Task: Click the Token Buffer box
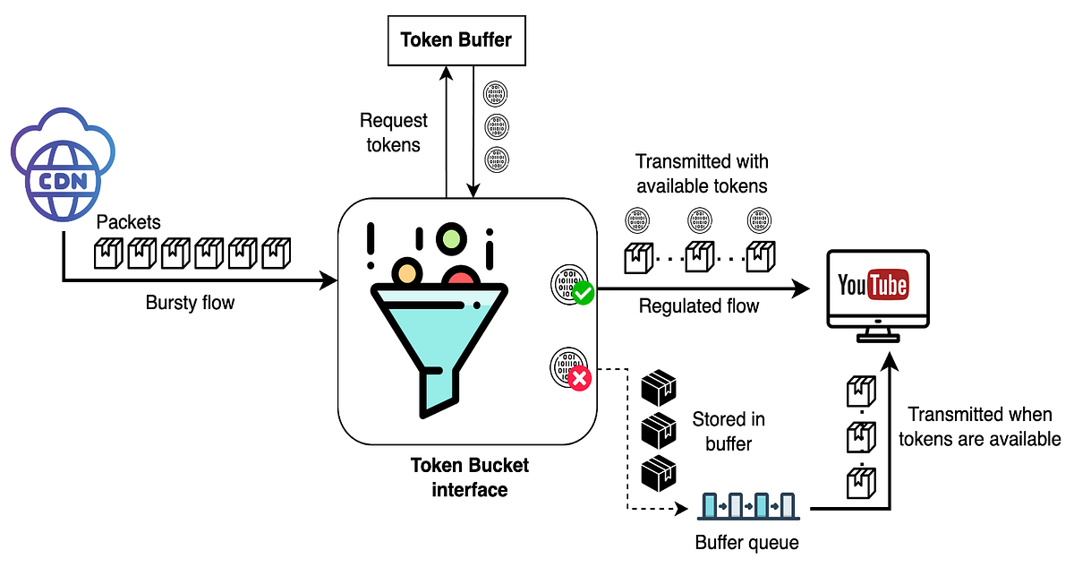click(457, 41)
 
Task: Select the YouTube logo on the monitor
click(873, 286)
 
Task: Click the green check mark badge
click(584, 292)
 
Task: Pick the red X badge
click(580, 379)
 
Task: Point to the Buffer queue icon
click(745, 507)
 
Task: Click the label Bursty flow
click(190, 303)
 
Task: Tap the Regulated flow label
click(698, 306)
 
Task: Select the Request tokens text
click(394, 132)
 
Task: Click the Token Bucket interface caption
click(469, 477)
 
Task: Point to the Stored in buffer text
click(729, 431)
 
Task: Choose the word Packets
click(128, 222)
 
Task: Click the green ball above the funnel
click(451, 238)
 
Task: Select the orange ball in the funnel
click(407, 271)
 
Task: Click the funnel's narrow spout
click(437, 390)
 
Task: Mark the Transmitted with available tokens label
click(702, 174)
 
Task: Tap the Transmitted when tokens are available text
click(979, 426)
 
